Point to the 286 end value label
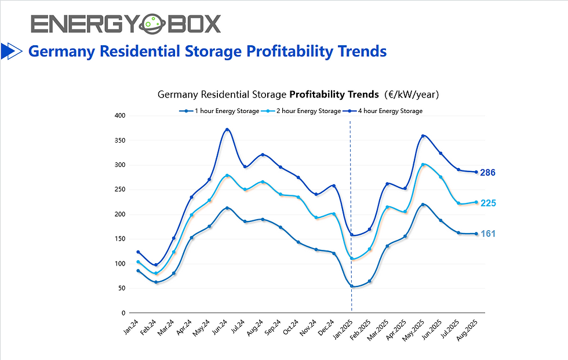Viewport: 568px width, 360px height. click(488, 173)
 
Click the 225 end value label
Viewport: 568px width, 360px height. click(488, 203)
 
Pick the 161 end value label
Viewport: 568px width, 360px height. click(488, 234)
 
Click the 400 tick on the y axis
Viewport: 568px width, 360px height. click(120, 116)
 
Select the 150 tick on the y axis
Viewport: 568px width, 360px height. click(120, 239)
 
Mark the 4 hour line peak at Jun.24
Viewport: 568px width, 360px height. click(228, 129)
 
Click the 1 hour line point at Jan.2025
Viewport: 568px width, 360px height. click(352, 286)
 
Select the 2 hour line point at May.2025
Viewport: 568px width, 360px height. click(423, 165)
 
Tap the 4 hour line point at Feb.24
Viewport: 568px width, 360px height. click(156, 265)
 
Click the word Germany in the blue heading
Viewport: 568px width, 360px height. click(61, 52)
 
